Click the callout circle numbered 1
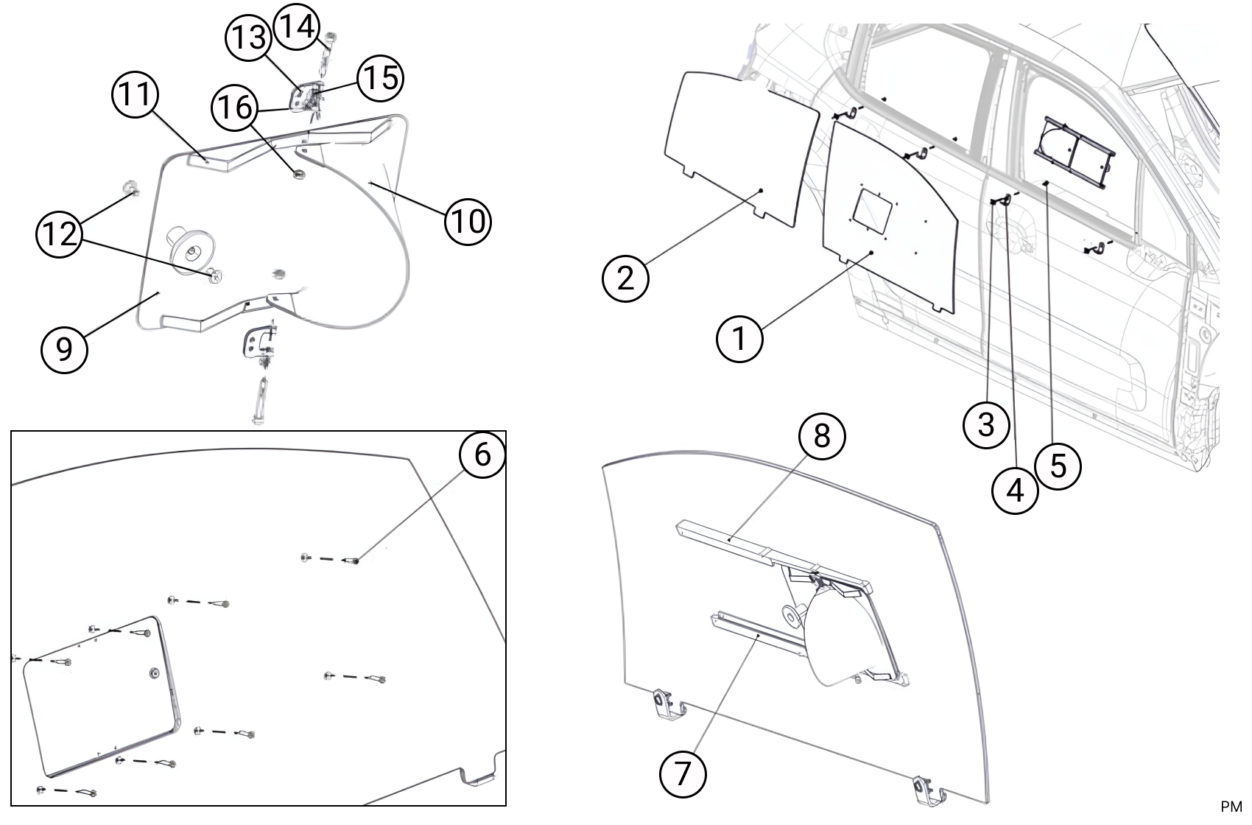pos(740,340)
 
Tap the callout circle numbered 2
pos(625,278)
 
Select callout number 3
pos(986,424)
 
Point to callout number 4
pos(1016,489)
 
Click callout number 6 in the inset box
pos(482,454)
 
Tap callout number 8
pos(822,436)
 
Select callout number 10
pos(468,220)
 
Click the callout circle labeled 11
pos(136,96)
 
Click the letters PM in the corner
pos(1231,808)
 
